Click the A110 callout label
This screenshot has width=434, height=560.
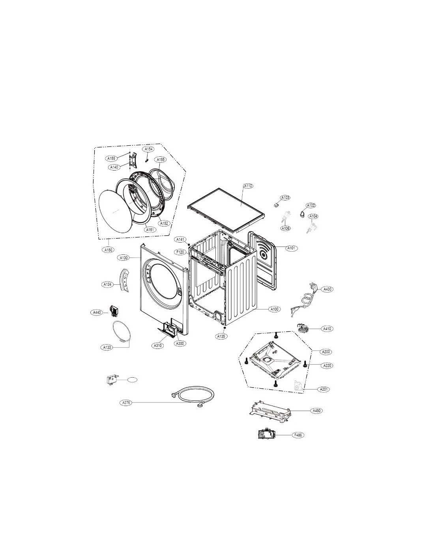(x=248, y=186)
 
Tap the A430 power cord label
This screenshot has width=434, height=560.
(x=327, y=289)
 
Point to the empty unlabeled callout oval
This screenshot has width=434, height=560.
(x=132, y=380)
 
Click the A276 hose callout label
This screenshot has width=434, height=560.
(x=126, y=402)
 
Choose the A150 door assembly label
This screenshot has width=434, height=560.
(x=108, y=250)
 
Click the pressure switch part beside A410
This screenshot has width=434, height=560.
(x=301, y=328)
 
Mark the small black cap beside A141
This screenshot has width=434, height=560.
(x=189, y=244)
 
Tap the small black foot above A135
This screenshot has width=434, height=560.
(x=224, y=328)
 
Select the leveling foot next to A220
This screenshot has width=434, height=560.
(x=305, y=363)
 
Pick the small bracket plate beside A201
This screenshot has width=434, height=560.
(x=298, y=387)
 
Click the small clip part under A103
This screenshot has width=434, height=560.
(x=276, y=204)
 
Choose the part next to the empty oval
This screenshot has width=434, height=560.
(x=112, y=380)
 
